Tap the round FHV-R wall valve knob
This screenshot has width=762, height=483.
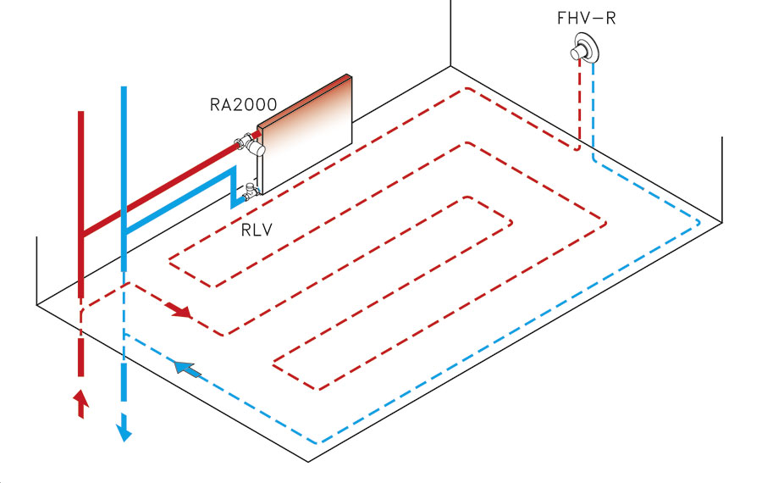tap(581, 50)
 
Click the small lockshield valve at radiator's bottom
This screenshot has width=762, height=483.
tap(251, 192)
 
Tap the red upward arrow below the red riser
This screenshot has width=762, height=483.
tap(81, 402)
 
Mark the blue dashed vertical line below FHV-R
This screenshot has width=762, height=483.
tap(594, 110)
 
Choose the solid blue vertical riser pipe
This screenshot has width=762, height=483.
tap(124, 169)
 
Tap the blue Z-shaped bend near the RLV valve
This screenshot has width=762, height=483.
tap(229, 187)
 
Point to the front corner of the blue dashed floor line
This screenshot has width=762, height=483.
tap(318, 443)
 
